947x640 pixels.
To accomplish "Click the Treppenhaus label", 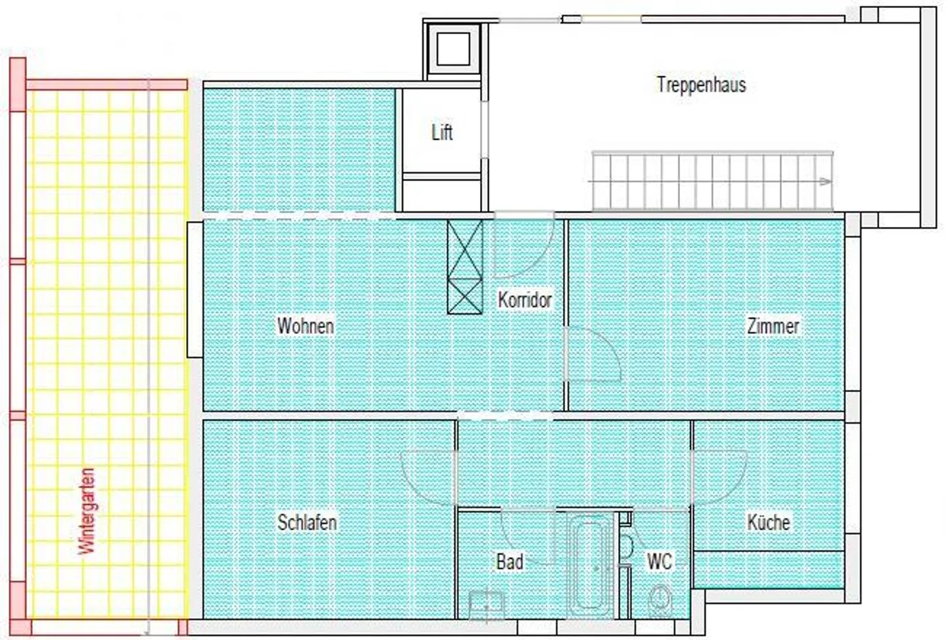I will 701,85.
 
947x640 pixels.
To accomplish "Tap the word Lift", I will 442,132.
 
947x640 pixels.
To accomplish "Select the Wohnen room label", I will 305,326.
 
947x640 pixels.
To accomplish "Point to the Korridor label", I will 524,300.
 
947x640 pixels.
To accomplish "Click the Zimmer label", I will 773,326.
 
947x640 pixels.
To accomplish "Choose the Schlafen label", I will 307,522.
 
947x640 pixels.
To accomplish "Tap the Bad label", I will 510,562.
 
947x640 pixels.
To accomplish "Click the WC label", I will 660,561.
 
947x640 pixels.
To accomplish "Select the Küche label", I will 769,522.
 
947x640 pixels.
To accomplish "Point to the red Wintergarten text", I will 87,511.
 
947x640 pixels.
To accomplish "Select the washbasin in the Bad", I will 487,604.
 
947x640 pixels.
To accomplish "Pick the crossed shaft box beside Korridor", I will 464,267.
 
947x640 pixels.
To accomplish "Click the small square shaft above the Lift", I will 453,49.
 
